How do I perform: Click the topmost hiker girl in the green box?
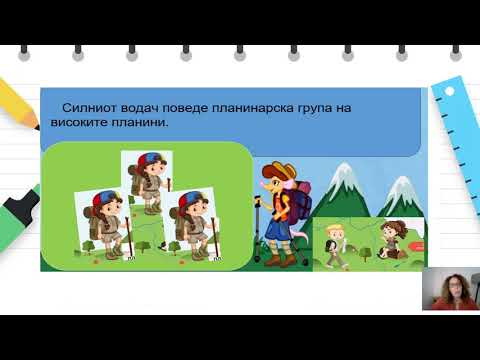point(146,181)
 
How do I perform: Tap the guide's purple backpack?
point(301,206)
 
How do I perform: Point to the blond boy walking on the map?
point(334,242)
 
